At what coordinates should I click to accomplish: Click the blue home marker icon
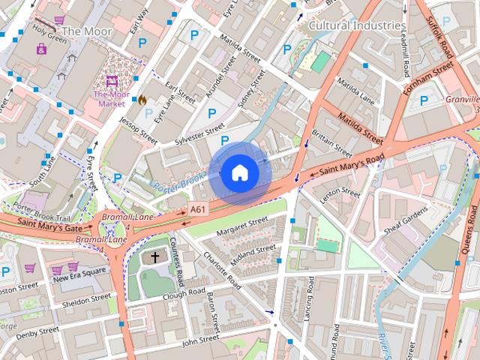[239, 173]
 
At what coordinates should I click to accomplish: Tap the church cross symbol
[155, 257]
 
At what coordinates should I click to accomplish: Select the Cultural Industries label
[357, 25]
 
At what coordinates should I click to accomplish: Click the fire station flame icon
[140, 98]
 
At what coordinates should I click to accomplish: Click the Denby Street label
[37, 331]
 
